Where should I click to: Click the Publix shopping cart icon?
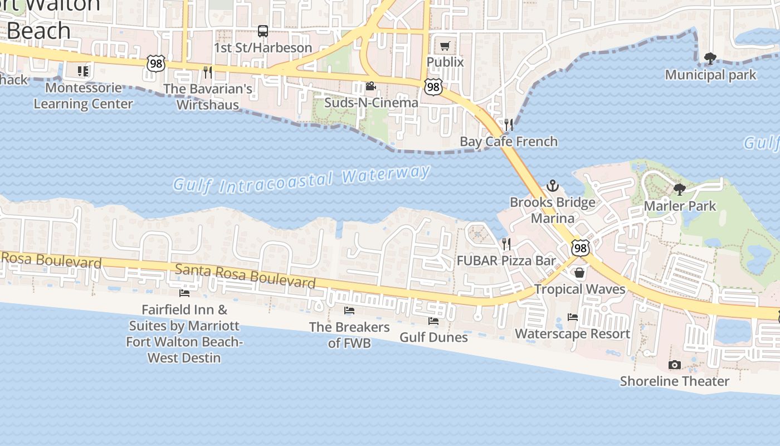[445, 46]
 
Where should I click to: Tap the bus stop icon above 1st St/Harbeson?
[263, 31]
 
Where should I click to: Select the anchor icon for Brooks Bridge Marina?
[552, 186]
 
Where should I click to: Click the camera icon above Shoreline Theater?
[674, 365]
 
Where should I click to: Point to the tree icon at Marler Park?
[680, 190]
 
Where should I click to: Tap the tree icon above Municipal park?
[710, 58]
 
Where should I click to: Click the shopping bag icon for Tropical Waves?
[579, 273]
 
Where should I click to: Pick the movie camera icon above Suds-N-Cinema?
[370, 86]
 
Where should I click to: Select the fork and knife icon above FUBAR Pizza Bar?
[506, 244]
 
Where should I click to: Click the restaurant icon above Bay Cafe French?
[508, 124]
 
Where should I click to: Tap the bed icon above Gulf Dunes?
[433, 321]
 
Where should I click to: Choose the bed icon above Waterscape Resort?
[572, 317]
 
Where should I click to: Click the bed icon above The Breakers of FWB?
[349, 310]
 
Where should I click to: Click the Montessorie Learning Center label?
[84, 96]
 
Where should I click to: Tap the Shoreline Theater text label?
[674, 381]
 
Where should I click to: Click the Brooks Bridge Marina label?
[553, 210]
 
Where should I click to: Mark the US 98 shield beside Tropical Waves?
[580, 248]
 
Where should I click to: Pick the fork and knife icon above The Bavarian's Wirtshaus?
[207, 72]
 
